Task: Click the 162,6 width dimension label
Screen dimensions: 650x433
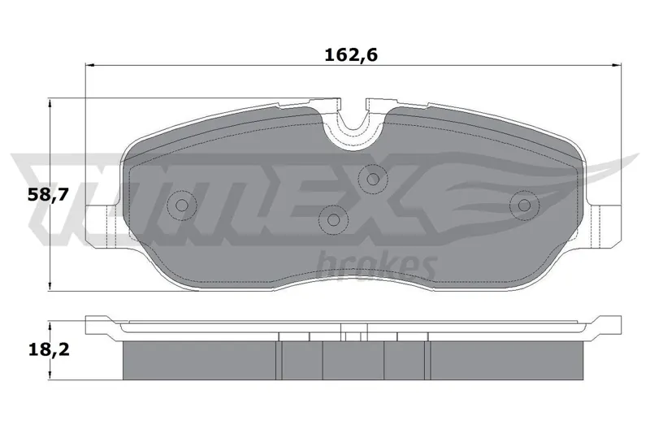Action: pos(351,54)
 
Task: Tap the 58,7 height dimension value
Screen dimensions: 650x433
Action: pos(48,194)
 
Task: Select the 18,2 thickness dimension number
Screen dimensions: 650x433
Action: pos(49,351)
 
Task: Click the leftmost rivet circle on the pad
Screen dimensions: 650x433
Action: pos(181,205)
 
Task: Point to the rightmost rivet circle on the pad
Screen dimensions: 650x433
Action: pos(524,205)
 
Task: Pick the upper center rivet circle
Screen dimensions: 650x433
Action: pos(373,179)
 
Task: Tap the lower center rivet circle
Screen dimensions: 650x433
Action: pos(334,219)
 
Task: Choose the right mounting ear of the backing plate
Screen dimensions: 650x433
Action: pos(604,227)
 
